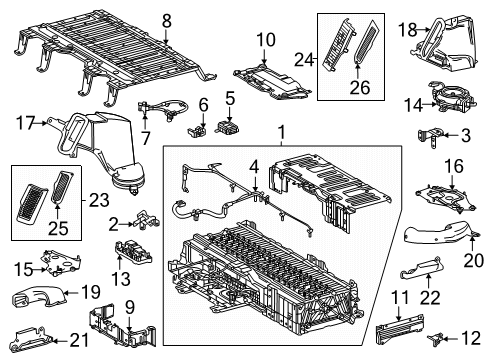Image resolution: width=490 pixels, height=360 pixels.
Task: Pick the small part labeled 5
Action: [x=229, y=127]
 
